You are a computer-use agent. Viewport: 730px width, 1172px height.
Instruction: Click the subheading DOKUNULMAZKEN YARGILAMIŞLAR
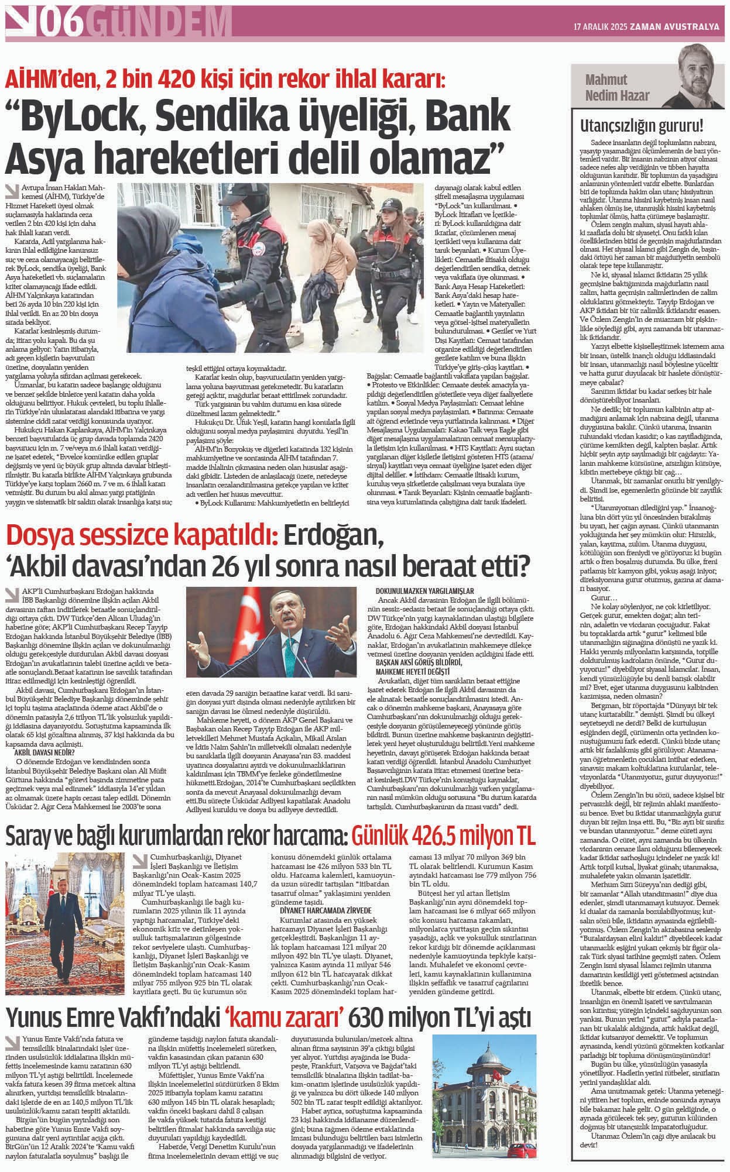(x=424, y=591)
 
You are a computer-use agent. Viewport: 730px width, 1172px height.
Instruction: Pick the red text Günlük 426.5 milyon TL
(x=443, y=837)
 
